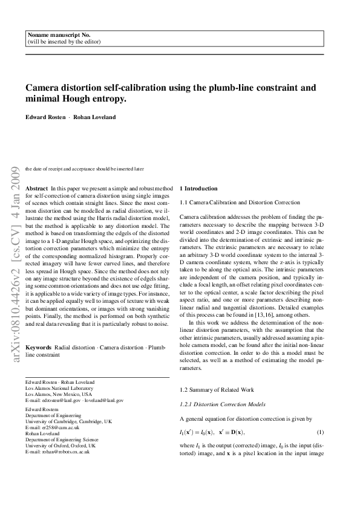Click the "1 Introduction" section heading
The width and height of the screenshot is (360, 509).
pos(201,189)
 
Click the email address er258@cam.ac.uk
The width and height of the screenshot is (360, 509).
pos(57,427)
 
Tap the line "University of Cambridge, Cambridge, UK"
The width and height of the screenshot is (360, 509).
pos(68,421)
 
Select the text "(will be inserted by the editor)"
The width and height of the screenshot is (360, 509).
pos(64,42)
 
